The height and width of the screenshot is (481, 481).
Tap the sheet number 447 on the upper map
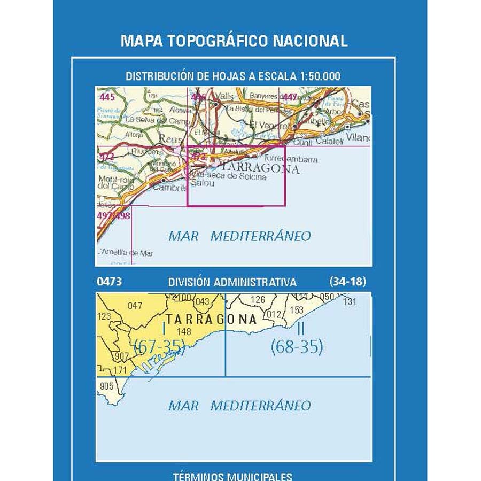point(290,97)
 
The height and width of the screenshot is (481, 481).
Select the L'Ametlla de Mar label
point(126,253)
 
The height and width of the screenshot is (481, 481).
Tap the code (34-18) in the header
point(348,282)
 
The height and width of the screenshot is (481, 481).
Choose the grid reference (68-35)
point(297,347)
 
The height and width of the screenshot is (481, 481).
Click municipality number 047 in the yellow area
point(136,306)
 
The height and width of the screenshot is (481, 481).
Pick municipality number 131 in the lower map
point(350,301)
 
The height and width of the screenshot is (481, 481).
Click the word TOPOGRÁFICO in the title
point(219,41)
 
